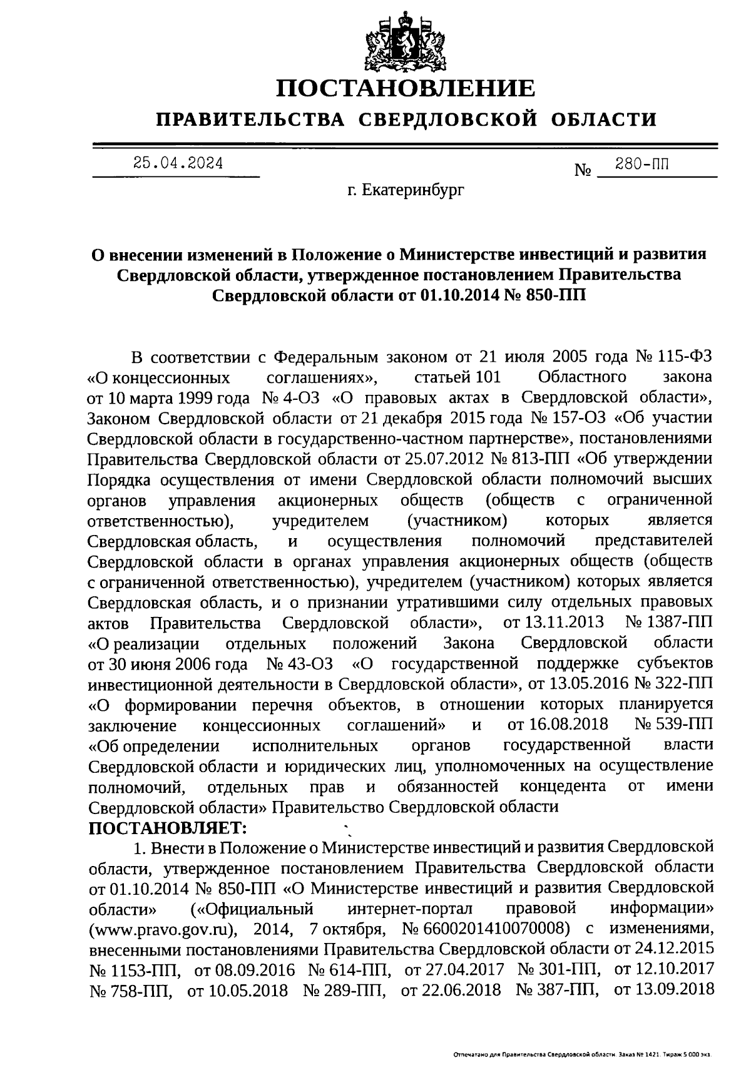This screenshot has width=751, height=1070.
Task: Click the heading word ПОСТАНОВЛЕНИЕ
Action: [x=406, y=88]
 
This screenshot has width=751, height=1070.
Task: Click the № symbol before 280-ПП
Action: [x=583, y=170]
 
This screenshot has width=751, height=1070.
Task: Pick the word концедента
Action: [x=563, y=786]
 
